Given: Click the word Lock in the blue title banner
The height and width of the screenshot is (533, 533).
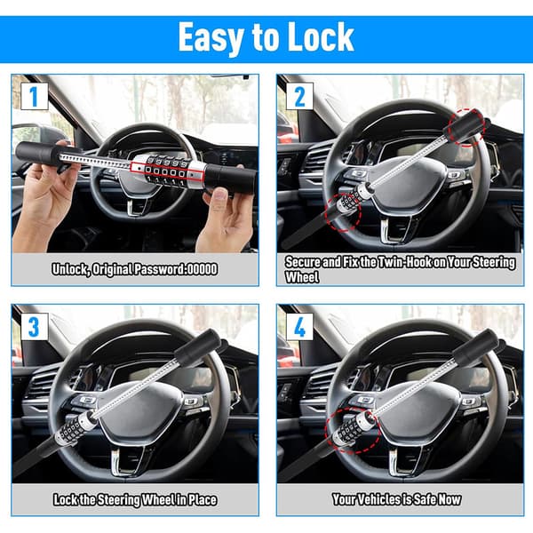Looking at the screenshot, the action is click(321, 36).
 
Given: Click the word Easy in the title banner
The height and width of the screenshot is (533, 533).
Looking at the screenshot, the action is click(211, 38).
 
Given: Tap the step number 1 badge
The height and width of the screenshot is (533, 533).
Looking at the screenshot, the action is click(34, 97).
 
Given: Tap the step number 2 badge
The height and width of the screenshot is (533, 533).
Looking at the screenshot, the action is click(299, 97).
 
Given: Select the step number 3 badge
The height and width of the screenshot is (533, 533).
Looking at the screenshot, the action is click(34, 327).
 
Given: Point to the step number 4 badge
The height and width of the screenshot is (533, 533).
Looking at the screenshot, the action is click(299, 327).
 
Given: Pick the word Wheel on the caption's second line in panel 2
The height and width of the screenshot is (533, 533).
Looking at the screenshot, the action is click(302, 277).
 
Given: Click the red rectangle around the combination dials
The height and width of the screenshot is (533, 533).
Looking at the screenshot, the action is click(167, 171).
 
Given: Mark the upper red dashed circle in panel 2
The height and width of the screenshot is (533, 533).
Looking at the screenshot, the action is click(467, 127).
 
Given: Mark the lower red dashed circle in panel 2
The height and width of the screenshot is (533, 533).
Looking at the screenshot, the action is click(343, 213).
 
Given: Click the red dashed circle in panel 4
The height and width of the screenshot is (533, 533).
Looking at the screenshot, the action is click(353, 431).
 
